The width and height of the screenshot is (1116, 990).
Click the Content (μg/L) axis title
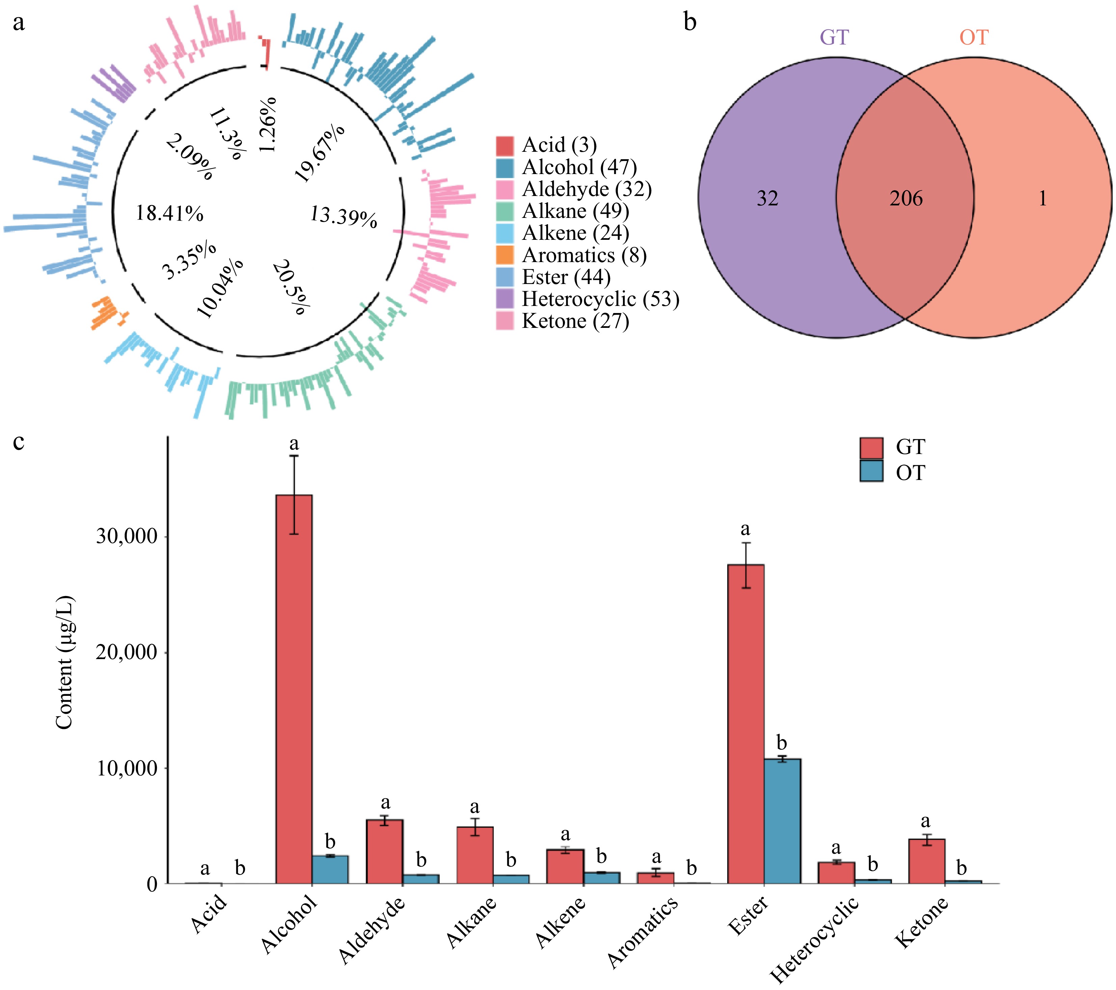click(64, 663)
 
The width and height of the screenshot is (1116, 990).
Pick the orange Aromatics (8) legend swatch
click(505, 255)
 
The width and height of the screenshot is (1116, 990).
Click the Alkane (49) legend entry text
click(575, 211)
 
